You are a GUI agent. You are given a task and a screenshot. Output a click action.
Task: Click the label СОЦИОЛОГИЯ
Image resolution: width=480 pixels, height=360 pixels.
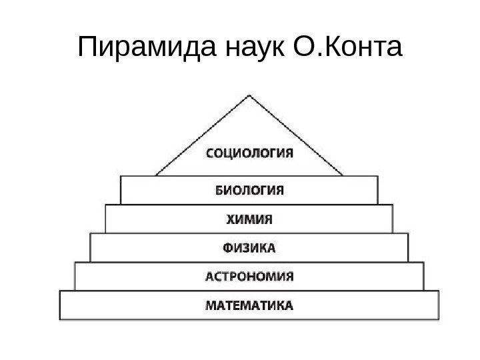pyautogui.click(x=248, y=155)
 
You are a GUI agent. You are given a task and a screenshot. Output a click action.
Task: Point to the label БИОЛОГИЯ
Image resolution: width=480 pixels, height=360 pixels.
pyautogui.click(x=249, y=190)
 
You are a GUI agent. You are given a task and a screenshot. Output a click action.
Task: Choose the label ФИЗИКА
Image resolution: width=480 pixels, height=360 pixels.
pyautogui.click(x=248, y=248)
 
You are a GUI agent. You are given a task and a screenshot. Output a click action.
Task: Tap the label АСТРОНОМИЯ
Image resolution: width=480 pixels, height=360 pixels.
pyautogui.click(x=248, y=277)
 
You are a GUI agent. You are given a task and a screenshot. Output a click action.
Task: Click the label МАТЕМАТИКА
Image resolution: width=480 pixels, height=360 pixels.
pyautogui.click(x=248, y=307)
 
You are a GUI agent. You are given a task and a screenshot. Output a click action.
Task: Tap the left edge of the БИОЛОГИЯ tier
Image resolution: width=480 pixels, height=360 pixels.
pyautogui.click(x=121, y=190)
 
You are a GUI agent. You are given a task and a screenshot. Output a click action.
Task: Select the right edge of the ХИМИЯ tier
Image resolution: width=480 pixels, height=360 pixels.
pyautogui.click(x=392, y=219)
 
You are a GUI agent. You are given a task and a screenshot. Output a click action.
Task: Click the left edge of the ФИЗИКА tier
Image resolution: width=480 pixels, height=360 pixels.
pyautogui.click(x=90, y=248)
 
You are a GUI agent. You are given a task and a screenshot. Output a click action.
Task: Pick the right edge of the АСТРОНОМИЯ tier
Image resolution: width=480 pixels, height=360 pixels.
pyautogui.click(x=423, y=277)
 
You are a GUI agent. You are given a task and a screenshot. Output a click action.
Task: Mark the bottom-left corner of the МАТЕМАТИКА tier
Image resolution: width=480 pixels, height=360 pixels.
pyautogui.click(x=60, y=321)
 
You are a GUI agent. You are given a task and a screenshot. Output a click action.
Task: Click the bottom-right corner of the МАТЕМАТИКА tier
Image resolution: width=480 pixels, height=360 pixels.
pyautogui.click(x=439, y=321)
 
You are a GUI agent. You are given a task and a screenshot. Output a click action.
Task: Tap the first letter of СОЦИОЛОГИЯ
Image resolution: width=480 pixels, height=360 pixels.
pyautogui.click(x=207, y=155)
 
